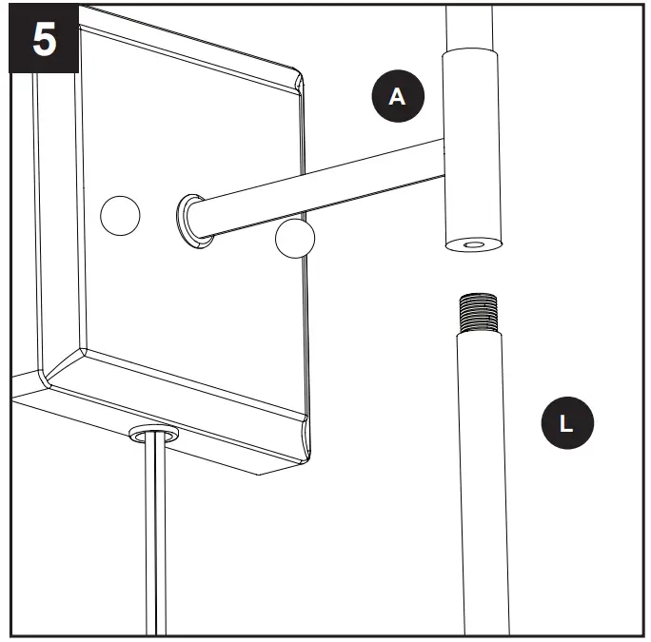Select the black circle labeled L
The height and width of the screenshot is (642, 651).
pos(567,423)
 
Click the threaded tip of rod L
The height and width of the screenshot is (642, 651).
pos(476,310)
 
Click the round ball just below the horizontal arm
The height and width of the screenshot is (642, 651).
pos(294,239)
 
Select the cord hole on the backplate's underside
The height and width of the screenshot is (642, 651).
pos(153,435)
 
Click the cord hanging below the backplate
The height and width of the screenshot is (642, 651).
pos(155,542)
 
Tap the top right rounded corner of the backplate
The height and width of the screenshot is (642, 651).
pos(299,80)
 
